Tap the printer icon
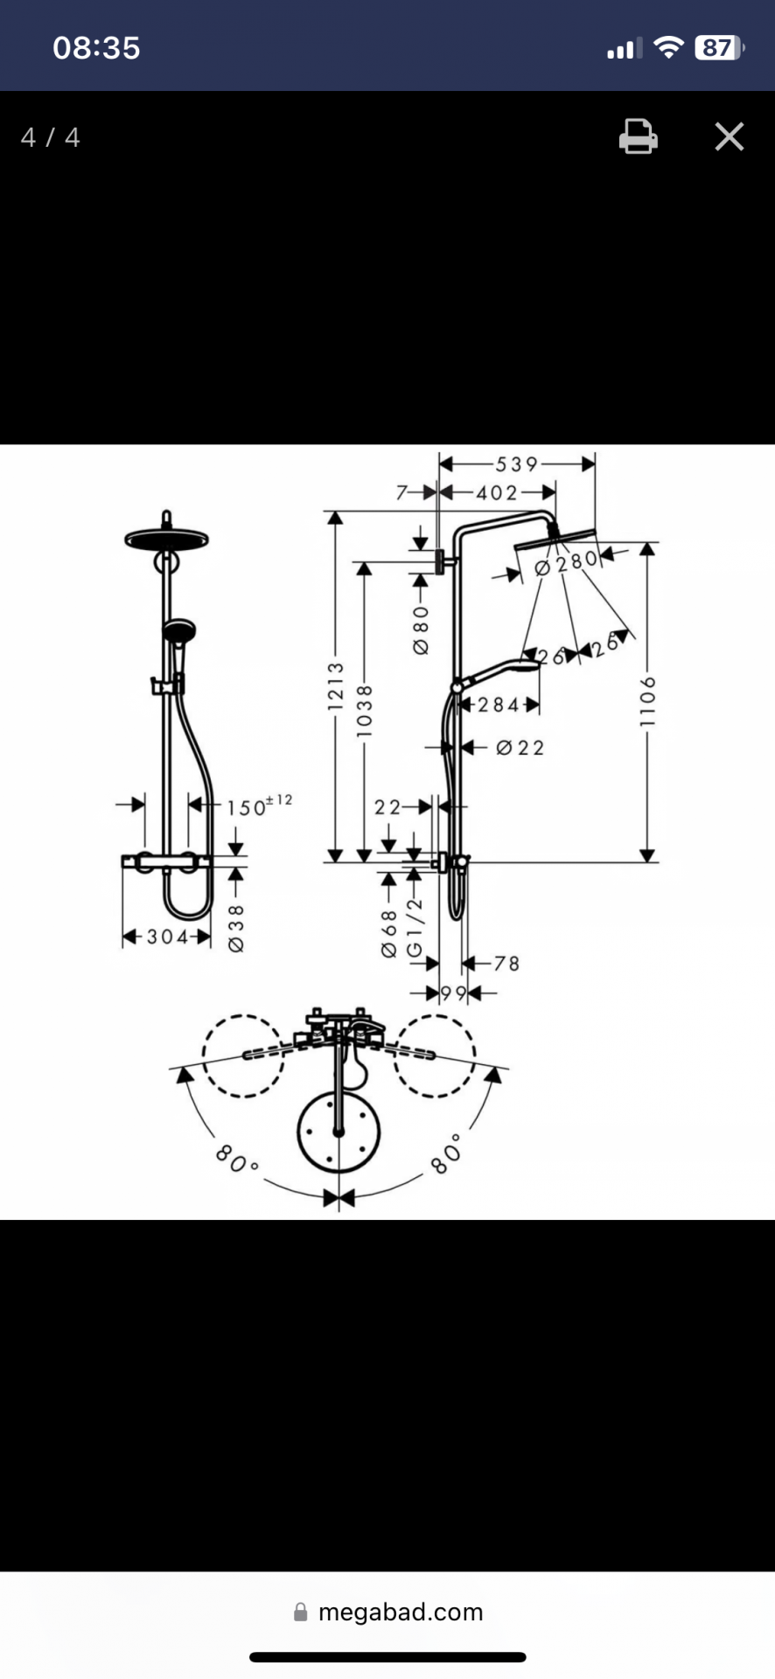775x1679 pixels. click(639, 136)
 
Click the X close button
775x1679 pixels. click(729, 136)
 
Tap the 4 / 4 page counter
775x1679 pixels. click(51, 137)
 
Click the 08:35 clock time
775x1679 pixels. click(96, 47)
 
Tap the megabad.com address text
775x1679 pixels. click(401, 1612)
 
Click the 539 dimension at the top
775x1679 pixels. click(517, 464)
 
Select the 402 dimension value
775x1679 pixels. click(497, 493)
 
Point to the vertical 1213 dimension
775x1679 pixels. click(336, 686)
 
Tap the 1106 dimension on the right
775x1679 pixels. click(647, 701)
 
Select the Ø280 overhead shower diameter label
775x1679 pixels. click(566, 562)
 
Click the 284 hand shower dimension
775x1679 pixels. click(499, 705)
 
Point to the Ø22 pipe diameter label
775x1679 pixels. click(520, 748)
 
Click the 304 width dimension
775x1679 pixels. click(167, 937)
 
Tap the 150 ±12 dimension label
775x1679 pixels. click(260, 805)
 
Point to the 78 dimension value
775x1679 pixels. click(506, 964)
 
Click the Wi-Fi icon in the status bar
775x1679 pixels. click(668, 47)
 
